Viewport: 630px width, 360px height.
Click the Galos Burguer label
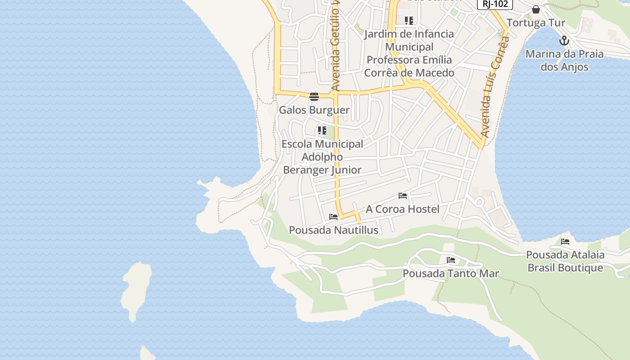[314, 110]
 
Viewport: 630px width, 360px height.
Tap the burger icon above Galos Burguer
[314, 96]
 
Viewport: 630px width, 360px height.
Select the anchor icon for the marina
[564, 41]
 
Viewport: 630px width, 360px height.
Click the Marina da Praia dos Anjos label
[564, 60]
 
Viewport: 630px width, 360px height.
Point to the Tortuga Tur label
[535, 23]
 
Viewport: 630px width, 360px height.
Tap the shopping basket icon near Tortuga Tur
[535, 9]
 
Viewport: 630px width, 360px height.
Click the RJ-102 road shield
[495, 4]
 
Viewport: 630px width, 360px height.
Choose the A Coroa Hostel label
[402, 209]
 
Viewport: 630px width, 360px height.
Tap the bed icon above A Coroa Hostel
[403, 196]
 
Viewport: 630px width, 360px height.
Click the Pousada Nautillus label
[333, 230]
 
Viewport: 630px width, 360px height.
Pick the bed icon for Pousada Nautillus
[333, 217]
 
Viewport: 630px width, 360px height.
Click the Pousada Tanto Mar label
[450, 274]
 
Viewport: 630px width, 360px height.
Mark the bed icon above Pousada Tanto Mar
[451, 260]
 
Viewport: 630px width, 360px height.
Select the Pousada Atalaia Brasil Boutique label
[565, 261]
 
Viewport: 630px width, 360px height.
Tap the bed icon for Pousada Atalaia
[565, 242]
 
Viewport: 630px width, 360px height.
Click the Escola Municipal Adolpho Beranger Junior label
[322, 157]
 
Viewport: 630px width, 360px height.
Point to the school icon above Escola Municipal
[322, 131]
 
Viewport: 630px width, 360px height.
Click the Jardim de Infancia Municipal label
[409, 53]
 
